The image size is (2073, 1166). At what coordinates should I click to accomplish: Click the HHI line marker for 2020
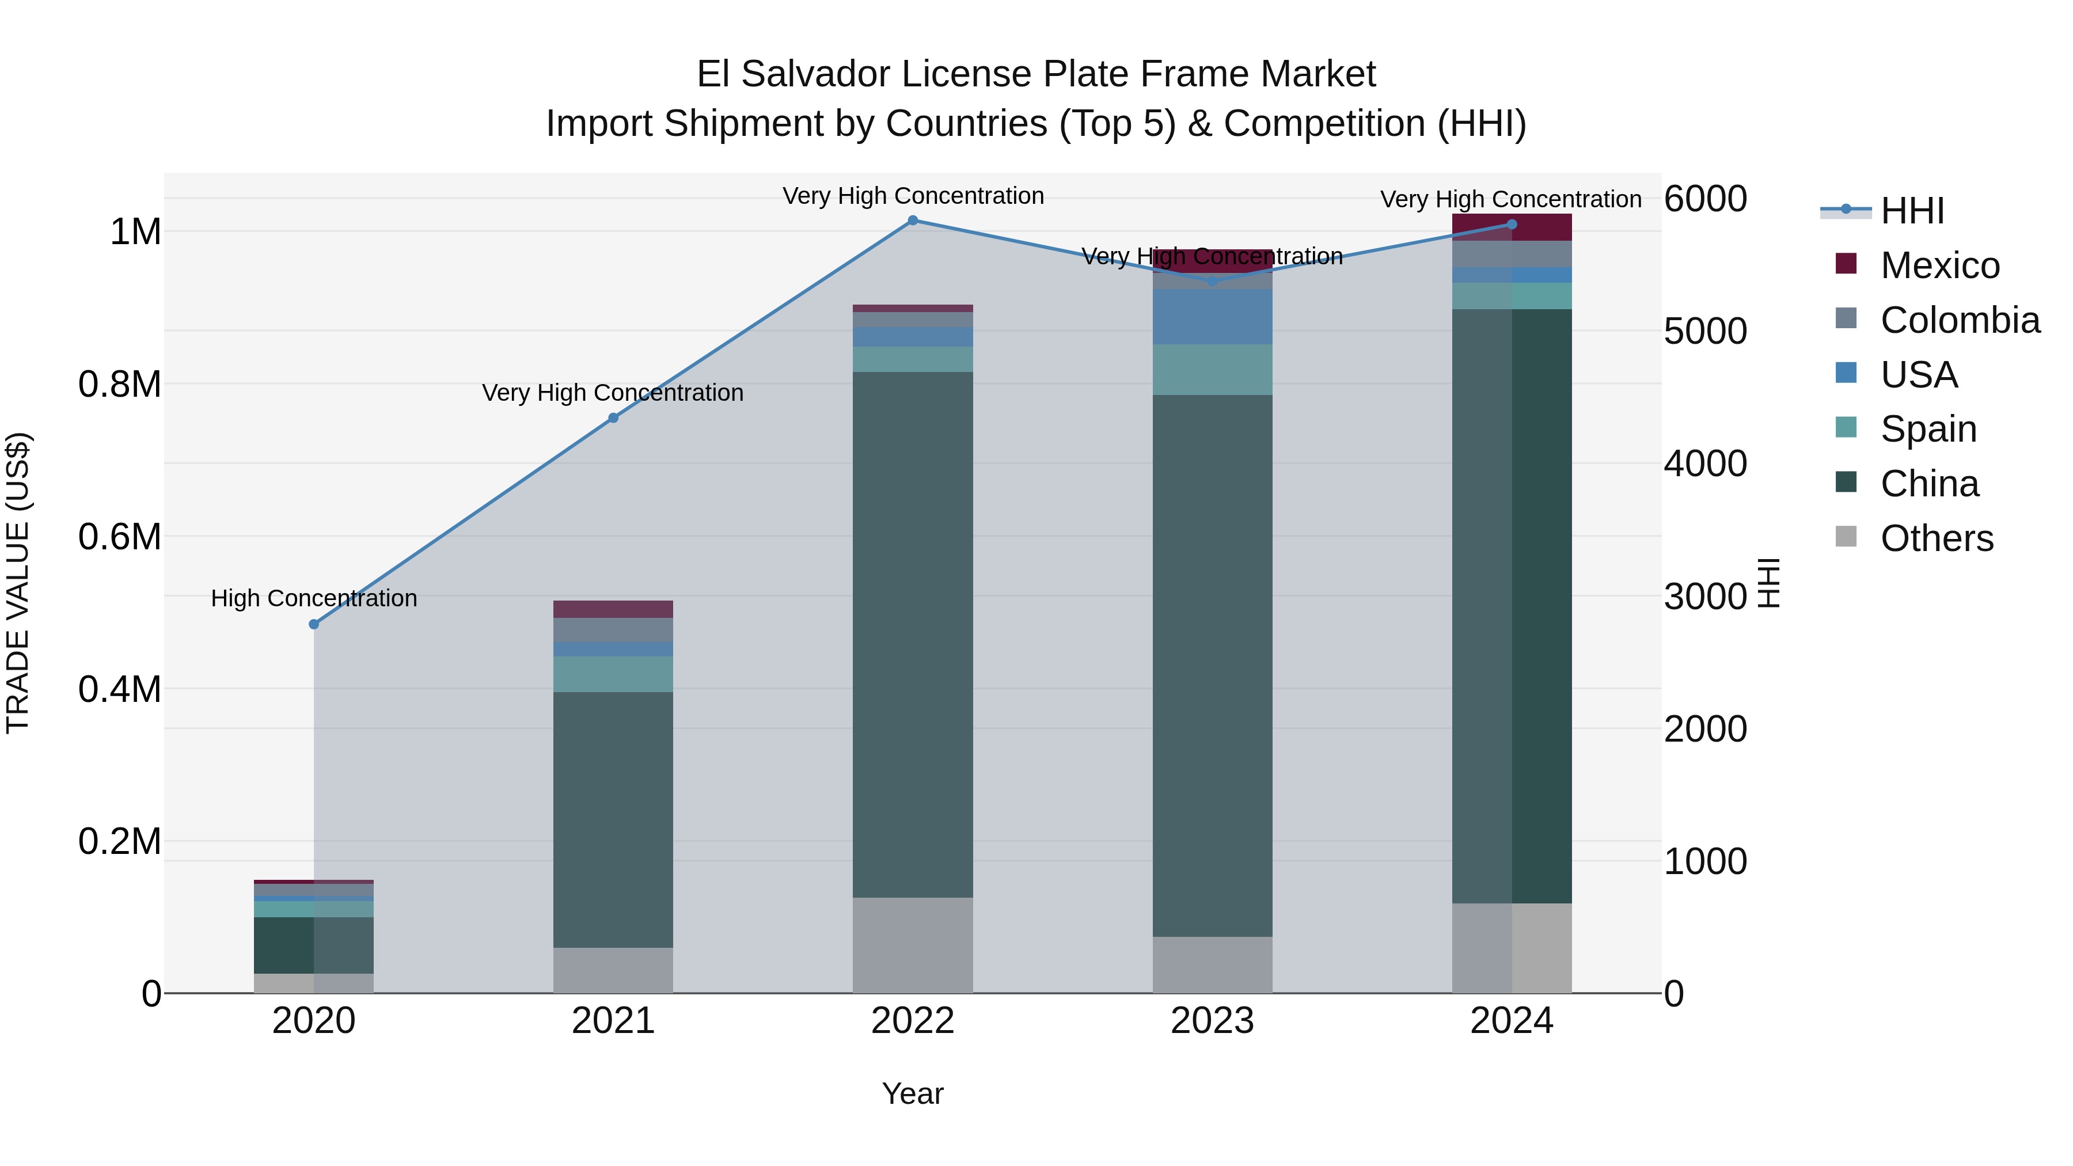[314, 624]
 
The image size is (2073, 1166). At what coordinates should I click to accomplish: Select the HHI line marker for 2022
[913, 221]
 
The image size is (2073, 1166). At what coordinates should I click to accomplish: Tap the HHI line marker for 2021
[613, 417]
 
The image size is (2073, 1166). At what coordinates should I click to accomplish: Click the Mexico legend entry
[1939, 265]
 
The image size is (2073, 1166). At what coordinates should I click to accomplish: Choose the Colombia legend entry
[1959, 320]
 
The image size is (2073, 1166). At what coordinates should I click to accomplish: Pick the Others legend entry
[1935, 538]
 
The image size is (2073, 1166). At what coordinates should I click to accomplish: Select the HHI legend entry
[1911, 211]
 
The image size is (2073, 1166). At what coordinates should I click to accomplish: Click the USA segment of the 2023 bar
[1212, 317]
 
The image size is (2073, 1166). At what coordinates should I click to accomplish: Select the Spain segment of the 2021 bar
[613, 674]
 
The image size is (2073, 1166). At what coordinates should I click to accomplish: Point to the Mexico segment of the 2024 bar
[1512, 227]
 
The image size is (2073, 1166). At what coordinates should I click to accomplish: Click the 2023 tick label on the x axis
[1212, 1021]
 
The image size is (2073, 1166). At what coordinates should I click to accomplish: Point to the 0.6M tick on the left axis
[120, 537]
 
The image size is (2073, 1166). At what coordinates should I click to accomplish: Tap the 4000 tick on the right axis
[1705, 464]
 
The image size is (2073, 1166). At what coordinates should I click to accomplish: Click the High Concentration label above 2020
[314, 599]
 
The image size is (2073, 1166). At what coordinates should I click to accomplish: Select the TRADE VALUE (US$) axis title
[18, 583]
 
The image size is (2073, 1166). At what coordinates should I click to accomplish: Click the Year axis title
[913, 1093]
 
